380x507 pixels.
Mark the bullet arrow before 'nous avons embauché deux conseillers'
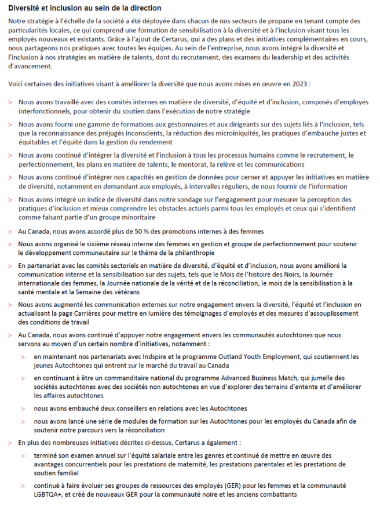coord(23,408)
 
